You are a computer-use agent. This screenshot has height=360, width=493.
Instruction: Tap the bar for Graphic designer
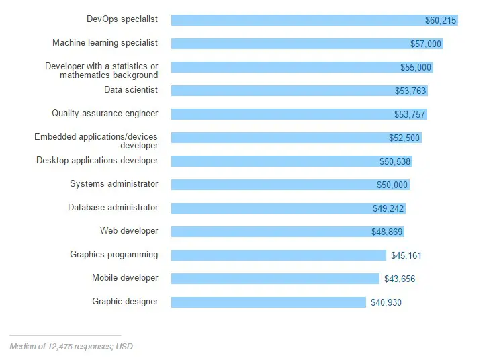click(269, 302)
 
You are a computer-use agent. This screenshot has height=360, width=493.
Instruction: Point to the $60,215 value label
click(441, 21)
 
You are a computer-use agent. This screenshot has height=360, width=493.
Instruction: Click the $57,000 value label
click(426, 44)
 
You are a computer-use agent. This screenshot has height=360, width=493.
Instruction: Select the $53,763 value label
click(410, 91)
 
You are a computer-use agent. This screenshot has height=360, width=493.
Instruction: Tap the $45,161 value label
click(406, 255)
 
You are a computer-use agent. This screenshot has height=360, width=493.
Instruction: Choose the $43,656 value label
click(400, 279)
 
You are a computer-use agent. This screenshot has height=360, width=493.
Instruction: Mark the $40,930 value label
click(386, 303)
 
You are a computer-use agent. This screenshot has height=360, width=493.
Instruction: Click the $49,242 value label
click(389, 209)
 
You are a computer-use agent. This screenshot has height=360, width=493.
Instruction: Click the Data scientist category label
click(131, 89)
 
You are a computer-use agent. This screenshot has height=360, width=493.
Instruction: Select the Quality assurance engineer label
click(105, 114)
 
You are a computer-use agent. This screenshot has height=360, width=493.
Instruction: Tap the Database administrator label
click(113, 208)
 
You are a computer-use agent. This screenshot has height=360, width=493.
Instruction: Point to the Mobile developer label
click(125, 278)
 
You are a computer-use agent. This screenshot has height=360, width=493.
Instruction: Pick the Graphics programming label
click(114, 255)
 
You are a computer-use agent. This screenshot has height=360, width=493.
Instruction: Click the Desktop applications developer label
click(97, 161)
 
